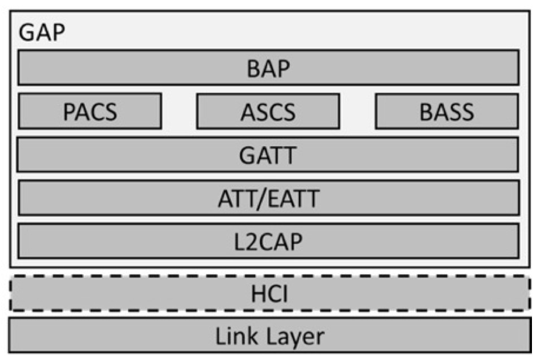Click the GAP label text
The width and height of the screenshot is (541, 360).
click(42, 33)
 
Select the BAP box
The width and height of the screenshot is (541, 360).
click(268, 68)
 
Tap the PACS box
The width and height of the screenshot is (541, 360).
click(90, 111)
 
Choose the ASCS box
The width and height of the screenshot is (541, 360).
click(268, 111)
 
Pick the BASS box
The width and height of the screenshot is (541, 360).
click(447, 111)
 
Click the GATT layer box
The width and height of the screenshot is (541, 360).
click(268, 154)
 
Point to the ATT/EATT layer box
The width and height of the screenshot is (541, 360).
click(268, 197)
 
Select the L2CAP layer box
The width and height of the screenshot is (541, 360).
click(268, 241)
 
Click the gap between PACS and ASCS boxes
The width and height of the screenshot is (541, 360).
click(179, 111)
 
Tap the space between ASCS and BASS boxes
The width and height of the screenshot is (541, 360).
click(357, 111)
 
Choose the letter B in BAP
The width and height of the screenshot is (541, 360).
click(253, 68)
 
